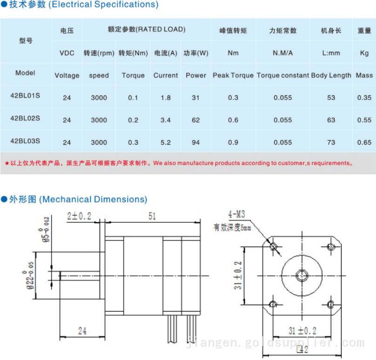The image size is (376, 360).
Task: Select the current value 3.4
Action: pyautogui.click(x=166, y=120)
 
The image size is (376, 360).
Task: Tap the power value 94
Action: pyautogui.click(x=196, y=142)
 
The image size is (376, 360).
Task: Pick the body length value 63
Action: pyautogui.click(x=331, y=120)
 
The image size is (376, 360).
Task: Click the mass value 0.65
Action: pyautogui.click(x=364, y=142)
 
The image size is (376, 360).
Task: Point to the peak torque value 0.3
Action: pyautogui.click(x=233, y=98)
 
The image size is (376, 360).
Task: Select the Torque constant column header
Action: pyautogui.click(x=283, y=75)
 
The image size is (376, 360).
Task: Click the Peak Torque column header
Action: pyautogui.click(x=233, y=75)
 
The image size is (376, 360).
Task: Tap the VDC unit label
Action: pyautogui.click(x=67, y=53)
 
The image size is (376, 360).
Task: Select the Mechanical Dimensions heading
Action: pyautogui.click(x=93, y=200)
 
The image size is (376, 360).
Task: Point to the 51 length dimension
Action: pyautogui.click(x=152, y=216)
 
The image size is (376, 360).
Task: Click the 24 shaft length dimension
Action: pyautogui.click(x=82, y=331)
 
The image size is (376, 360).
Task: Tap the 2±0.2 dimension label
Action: pyautogui.click(x=79, y=216)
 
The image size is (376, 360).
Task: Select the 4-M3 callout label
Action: pyautogui.click(x=236, y=214)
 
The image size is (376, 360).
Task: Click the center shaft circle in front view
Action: pyautogui.click(x=302, y=275)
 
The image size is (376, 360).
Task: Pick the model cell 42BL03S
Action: pyautogui.click(x=25, y=140)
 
